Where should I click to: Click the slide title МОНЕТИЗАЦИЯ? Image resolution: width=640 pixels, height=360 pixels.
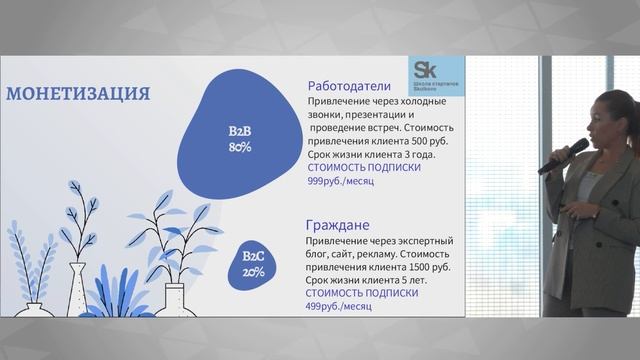78,94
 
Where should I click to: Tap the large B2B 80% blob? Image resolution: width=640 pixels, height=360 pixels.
240,130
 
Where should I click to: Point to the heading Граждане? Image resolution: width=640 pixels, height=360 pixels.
340,225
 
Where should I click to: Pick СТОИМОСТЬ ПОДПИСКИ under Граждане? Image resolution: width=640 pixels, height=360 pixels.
360,294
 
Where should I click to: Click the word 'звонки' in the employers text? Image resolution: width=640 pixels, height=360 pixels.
327,115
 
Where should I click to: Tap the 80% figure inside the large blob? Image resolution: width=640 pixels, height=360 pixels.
240,147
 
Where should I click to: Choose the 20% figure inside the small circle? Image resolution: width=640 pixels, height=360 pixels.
254,272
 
